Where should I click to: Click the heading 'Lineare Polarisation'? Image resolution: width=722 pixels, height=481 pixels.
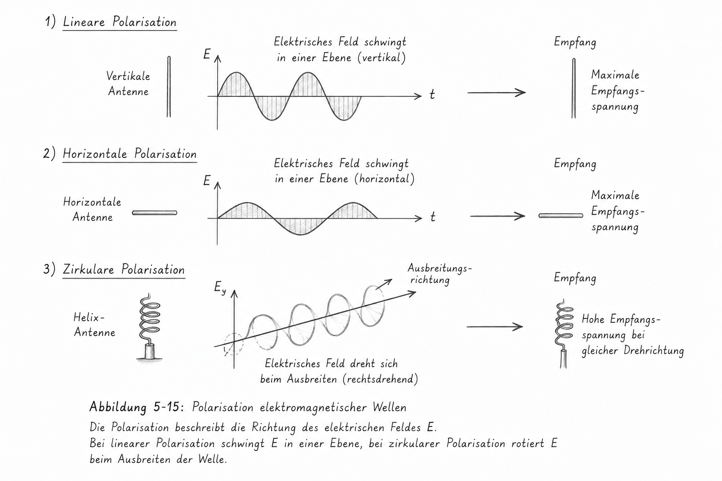pyautogui.click(x=119, y=22)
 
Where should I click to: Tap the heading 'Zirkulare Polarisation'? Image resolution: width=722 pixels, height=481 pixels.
pyautogui.click(x=124, y=269)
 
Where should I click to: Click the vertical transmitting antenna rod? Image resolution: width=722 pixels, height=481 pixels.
pyautogui.click(x=169, y=86)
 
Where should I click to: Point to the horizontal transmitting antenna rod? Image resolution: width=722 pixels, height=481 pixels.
pyautogui.click(x=155, y=213)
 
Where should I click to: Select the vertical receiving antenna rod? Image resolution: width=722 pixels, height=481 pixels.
pyautogui.click(x=574, y=88)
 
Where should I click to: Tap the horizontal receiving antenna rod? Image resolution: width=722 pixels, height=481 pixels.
pyautogui.click(x=561, y=216)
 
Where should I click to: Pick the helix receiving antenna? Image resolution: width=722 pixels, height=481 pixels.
pyautogui.click(x=564, y=334)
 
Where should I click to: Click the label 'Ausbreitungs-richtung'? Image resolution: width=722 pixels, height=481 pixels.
pyautogui.click(x=439, y=274)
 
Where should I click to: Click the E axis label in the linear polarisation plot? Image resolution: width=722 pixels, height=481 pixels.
pyautogui.click(x=207, y=54)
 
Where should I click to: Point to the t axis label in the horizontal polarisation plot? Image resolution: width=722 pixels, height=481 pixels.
pyautogui.click(x=433, y=217)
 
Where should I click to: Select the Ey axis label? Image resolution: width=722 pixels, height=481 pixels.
pyautogui.click(x=220, y=287)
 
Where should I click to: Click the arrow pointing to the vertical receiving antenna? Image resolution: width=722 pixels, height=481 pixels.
pyautogui.click(x=496, y=93)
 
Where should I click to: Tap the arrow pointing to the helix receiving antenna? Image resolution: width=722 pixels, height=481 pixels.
pyautogui.click(x=495, y=326)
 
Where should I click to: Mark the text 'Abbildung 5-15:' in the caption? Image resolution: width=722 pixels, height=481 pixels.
pyautogui.click(x=137, y=407)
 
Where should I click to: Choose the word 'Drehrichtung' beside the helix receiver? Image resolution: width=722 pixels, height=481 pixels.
pyautogui.click(x=654, y=350)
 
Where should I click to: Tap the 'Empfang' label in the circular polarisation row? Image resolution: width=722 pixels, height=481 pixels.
pyautogui.click(x=575, y=278)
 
